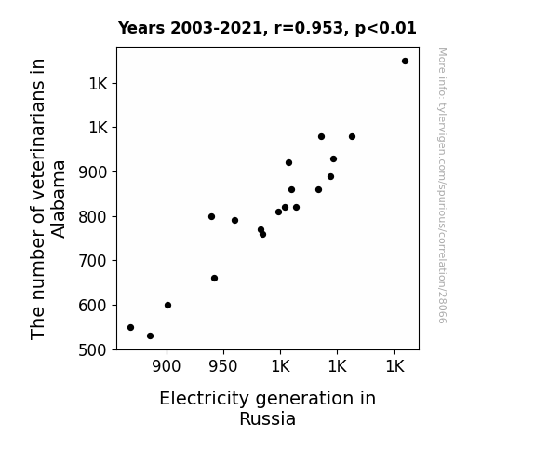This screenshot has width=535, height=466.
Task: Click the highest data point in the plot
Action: pyautogui.click(x=405, y=62)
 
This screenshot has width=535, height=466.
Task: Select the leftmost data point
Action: pyautogui.click(x=130, y=327)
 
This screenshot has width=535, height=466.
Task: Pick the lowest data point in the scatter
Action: pyautogui.click(x=150, y=336)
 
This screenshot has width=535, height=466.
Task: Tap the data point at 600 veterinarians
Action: pyautogui.click(x=167, y=306)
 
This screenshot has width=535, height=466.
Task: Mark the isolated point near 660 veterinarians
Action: pyautogui.click(x=214, y=279)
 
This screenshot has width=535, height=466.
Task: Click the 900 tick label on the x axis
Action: pyautogui.click(x=167, y=366)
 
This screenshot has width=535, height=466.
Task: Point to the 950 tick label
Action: pyautogui.click(x=223, y=366)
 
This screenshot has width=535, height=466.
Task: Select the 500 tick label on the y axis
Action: pyautogui.click(x=93, y=350)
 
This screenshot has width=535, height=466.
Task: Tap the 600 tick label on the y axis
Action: pyautogui.click(x=93, y=306)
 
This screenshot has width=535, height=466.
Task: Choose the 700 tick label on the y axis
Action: pyautogui.click(x=93, y=261)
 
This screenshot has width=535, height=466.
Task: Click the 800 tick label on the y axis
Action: pyautogui.click(x=93, y=217)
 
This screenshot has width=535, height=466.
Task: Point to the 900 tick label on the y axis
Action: pyautogui.click(x=93, y=172)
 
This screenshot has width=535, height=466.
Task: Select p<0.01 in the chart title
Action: pyautogui.click(x=386, y=29)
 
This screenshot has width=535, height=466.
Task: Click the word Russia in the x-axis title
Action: pyautogui.click(x=268, y=419)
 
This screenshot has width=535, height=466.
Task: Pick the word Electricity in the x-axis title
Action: pyautogui.click(x=205, y=399)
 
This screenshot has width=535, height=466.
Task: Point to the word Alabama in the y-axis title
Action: pyautogui.click(x=59, y=199)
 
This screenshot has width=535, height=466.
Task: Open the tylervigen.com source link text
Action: pyautogui.click(x=442, y=185)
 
